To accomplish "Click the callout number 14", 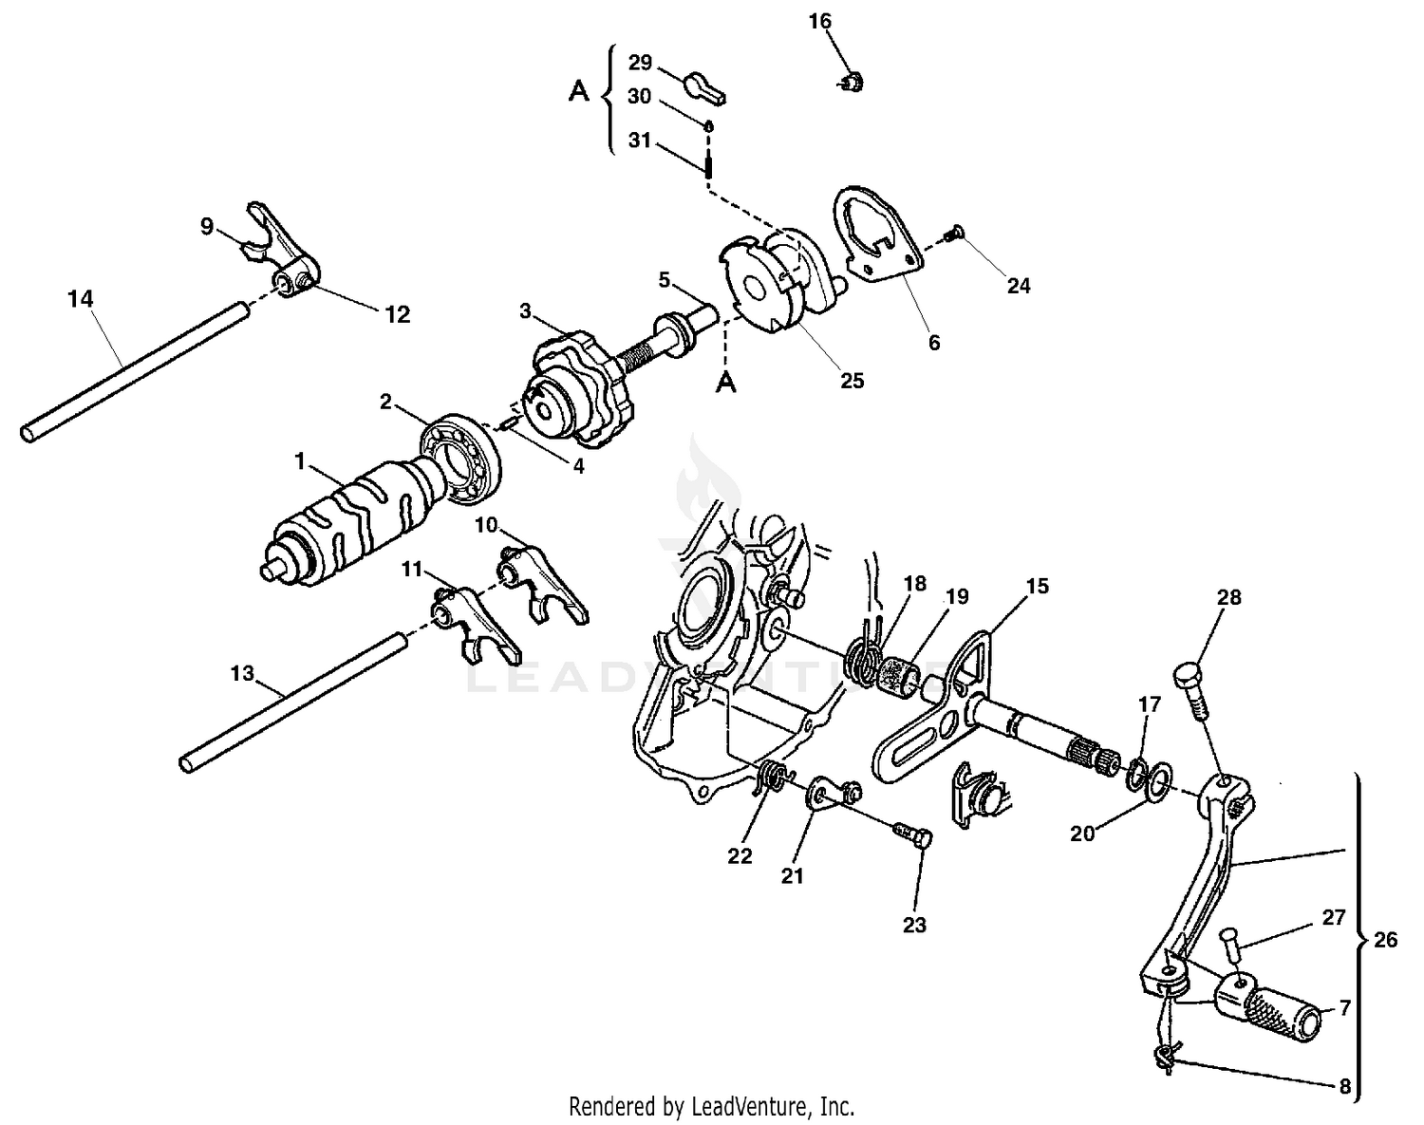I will point(81,299).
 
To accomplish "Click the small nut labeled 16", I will point(853,84).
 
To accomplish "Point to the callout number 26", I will point(1385,940).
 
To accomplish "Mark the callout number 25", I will point(853,380).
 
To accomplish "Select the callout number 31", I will point(640,141).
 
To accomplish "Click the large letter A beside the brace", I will point(578,91).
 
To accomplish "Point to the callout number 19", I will point(957,596).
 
